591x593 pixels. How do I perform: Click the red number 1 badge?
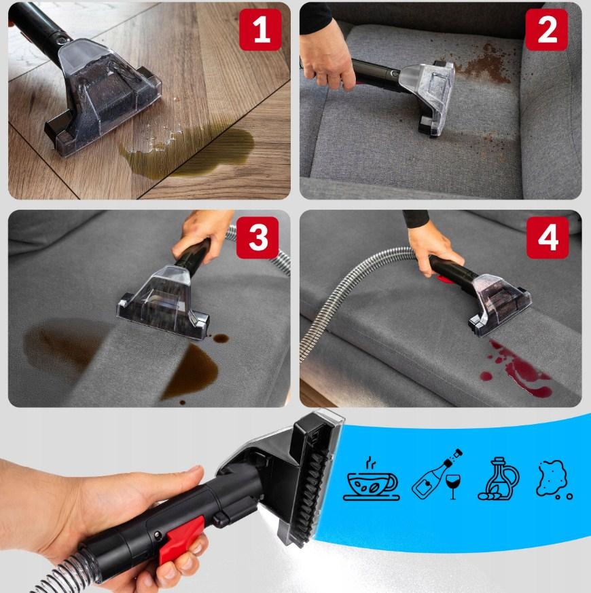pyautogui.click(x=260, y=29)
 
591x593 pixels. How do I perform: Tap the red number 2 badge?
pyautogui.click(x=546, y=29)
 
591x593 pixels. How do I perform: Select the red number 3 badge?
pyautogui.click(x=257, y=237)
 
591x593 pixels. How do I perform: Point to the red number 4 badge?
pyautogui.click(x=548, y=237)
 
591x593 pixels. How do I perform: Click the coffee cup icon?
pyautogui.click(x=372, y=479)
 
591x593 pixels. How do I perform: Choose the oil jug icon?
pyautogui.click(x=498, y=479)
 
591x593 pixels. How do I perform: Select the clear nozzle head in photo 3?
pyautogui.click(x=163, y=301)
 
